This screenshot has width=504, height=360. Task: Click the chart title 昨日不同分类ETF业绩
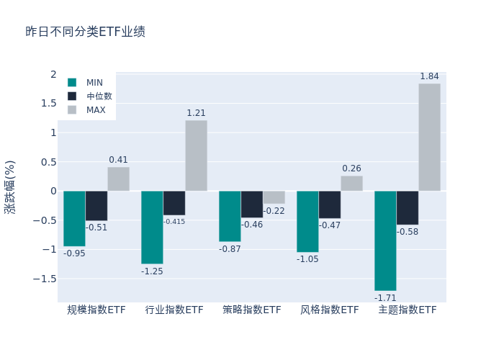point(85,32)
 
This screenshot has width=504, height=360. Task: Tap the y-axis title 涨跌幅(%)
point(10,186)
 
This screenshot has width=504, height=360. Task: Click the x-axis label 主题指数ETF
point(408,310)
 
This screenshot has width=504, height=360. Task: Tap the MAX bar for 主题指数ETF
point(429,137)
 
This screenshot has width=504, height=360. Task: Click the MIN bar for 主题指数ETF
point(385,240)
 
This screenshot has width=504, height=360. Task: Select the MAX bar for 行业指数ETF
point(196,156)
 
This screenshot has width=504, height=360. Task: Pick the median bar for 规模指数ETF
point(96,205)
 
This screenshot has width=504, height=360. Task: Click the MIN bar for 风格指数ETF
point(307,221)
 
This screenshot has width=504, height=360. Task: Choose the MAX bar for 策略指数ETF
point(274,197)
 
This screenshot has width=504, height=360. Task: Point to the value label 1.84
point(429,76)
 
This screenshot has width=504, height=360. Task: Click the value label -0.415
point(174,222)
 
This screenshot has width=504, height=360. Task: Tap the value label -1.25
point(152,271)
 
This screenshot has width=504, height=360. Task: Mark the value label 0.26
point(351,168)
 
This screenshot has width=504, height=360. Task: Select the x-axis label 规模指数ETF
point(96,310)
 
